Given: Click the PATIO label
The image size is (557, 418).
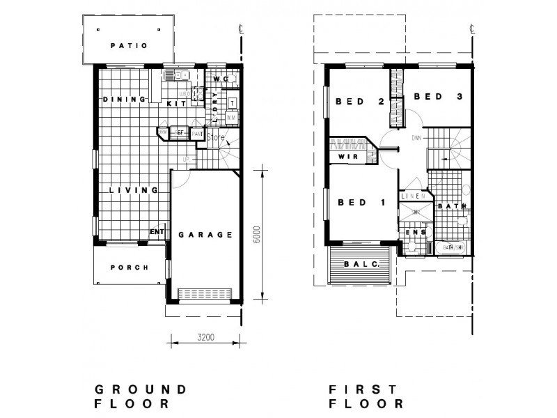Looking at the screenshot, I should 129,46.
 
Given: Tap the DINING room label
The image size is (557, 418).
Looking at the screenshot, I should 124,100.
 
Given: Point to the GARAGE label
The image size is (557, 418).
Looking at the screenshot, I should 205,235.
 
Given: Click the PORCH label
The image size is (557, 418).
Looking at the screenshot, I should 130,268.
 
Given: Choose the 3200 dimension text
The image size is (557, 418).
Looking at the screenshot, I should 205,338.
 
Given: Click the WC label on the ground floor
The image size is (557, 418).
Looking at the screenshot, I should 221,79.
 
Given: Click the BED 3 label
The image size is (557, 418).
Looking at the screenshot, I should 439,97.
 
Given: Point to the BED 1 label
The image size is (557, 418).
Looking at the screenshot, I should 361,203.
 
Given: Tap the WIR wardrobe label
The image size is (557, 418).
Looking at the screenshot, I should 348,158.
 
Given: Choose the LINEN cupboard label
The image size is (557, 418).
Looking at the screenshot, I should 413,197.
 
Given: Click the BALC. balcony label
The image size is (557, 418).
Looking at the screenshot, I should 361,264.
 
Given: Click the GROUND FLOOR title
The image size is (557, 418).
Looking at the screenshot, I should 140,396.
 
